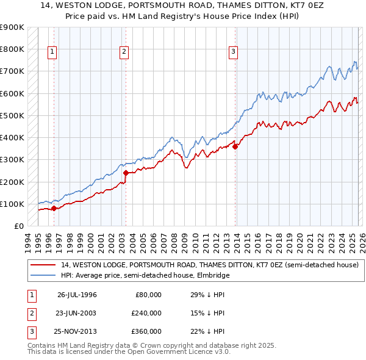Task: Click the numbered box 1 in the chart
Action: point(53,52)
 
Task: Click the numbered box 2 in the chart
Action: point(124,52)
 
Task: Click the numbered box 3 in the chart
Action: point(233,52)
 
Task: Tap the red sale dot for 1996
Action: point(54,208)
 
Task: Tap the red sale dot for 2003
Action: point(126,173)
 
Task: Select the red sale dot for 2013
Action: point(235,146)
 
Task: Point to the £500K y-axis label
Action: point(12,115)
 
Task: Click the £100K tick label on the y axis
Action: point(12,204)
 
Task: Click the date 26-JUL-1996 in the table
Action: point(77,295)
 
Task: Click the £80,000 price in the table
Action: point(148,295)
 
